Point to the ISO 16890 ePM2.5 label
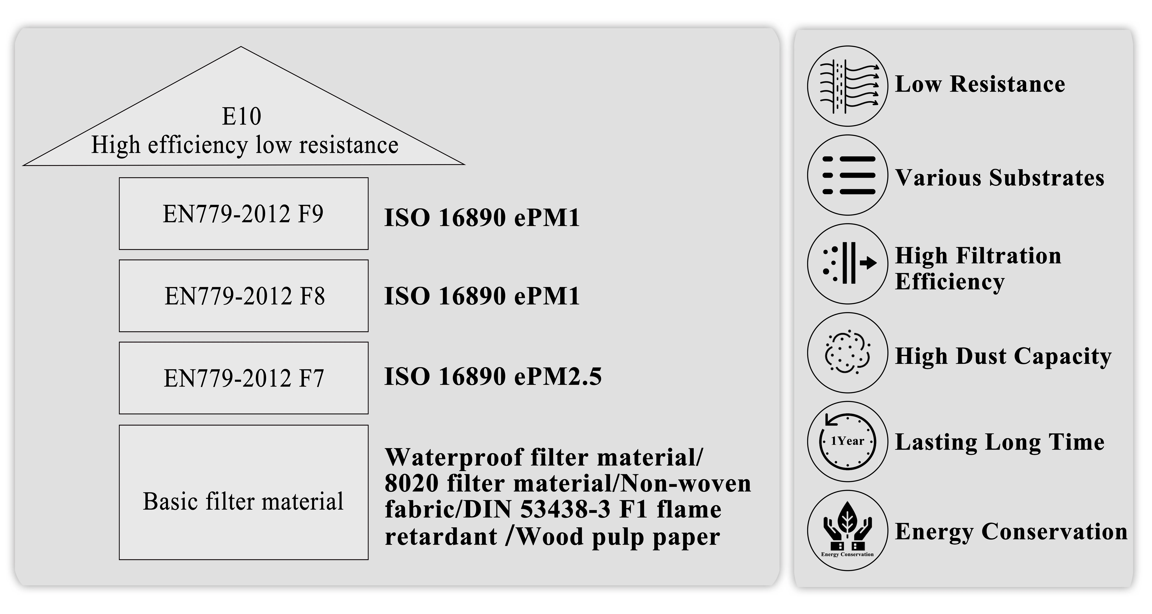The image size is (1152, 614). (x=493, y=376)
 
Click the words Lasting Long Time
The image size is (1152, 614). (x=999, y=442)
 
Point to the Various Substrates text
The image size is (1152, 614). (x=999, y=178)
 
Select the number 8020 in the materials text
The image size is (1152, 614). (x=411, y=483)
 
